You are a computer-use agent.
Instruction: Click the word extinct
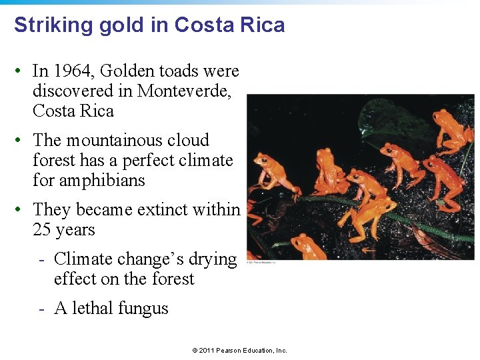point(164,209)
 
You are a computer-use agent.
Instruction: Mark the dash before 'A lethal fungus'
point(41,309)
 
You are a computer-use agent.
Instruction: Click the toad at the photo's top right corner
point(451,127)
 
